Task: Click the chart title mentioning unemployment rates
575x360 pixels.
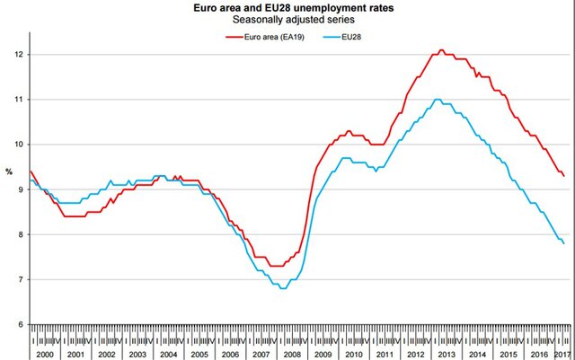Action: (287, 7)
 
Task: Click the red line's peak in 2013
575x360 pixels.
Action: (441, 50)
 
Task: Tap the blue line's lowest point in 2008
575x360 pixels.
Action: (283, 288)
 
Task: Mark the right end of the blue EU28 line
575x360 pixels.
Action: (564, 243)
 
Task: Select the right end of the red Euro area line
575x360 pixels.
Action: (564, 176)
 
